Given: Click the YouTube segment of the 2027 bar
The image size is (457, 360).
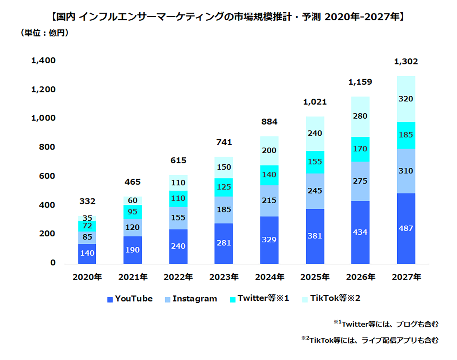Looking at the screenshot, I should click(x=406, y=228).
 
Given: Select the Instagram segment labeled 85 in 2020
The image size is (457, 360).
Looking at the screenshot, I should click(x=87, y=237).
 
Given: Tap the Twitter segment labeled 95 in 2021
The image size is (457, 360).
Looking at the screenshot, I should click(x=133, y=212).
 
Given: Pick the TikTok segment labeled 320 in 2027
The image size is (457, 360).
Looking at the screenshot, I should click(x=406, y=99).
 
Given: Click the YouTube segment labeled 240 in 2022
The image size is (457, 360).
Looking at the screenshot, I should click(x=178, y=246).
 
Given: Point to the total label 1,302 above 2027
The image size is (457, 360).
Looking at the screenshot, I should click(x=406, y=61).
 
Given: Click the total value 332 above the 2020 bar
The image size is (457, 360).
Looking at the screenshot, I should click(x=87, y=201).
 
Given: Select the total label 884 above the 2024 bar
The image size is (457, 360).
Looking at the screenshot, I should click(x=269, y=122).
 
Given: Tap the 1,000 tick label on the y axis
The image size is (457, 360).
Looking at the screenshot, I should click(x=43, y=118).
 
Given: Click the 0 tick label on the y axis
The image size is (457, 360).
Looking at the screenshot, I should click(x=53, y=263).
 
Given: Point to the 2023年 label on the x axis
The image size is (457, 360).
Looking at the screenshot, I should click(x=224, y=277).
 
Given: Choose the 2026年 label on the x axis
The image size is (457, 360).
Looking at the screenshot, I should click(x=360, y=277).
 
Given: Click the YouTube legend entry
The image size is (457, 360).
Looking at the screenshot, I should click(x=130, y=299).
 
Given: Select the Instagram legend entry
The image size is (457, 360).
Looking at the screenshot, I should click(x=191, y=299).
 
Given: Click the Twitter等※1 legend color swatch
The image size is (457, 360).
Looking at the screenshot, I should click(x=233, y=300).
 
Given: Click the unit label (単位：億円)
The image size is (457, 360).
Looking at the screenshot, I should click(x=45, y=33).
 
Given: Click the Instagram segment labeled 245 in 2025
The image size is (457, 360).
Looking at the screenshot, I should click(x=315, y=191).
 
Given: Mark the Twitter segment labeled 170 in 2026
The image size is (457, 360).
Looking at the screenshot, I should click(x=360, y=149).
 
